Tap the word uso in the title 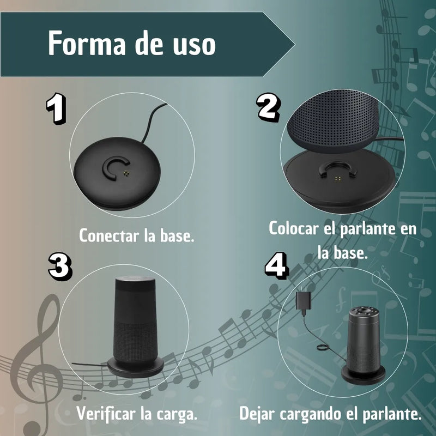tap(195, 45)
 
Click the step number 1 tap(56, 108)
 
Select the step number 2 tap(268, 107)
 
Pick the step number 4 tap(276, 265)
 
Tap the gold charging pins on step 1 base tap(126, 173)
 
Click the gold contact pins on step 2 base tap(338, 178)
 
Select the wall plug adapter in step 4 tap(304, 301)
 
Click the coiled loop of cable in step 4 tap(323, 348)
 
